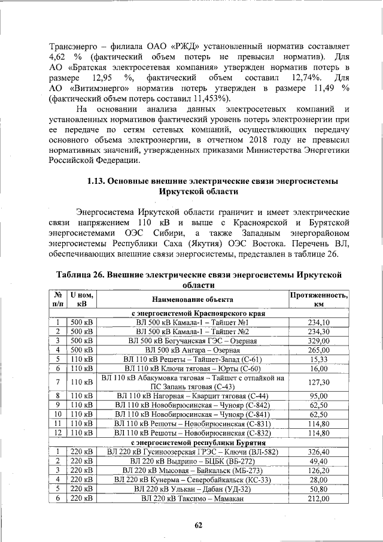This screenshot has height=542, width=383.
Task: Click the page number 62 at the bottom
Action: [199, 525]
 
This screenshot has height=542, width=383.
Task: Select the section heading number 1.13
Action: [97, 181]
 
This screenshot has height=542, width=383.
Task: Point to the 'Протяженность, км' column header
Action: [319, 299]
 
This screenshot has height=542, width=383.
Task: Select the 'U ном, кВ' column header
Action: [82, 299]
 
